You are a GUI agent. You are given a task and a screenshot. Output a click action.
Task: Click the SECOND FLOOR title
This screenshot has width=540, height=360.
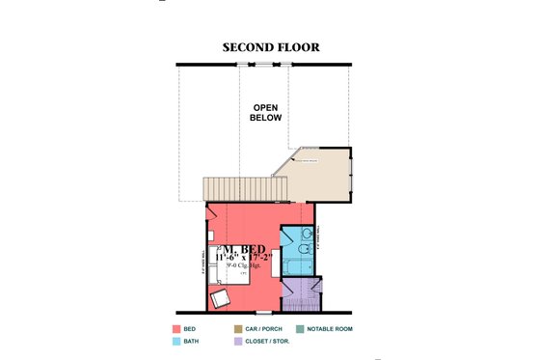coord(270,46)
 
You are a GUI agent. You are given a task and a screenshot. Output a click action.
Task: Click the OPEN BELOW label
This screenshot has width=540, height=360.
coord(267,112)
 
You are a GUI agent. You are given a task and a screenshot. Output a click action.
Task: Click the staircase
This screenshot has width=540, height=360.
coord(235,188)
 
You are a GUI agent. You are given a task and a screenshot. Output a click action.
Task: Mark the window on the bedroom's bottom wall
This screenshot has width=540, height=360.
coord(262,314)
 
